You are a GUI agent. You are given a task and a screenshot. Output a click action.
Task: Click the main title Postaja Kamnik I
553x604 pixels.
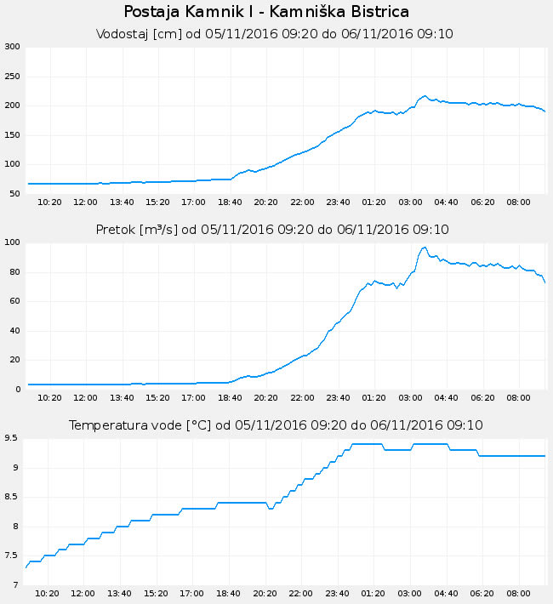pyautogui.click(x=266, y=12)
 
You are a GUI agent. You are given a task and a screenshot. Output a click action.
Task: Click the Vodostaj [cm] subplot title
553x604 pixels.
pyautogui.click(x=275, y=34)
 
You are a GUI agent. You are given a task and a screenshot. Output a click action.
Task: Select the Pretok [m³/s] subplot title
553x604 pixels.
pyautogui.click(x=272, y=230)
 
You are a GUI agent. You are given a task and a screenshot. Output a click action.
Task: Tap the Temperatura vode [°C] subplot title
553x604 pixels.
pyautogui.click(x=276, y=425)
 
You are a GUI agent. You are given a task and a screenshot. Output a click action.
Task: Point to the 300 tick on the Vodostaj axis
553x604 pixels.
pyautogui.click(x=12, y=47)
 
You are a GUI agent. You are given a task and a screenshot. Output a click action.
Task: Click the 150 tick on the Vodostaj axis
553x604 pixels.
pyautogui.click(x=12, y=135)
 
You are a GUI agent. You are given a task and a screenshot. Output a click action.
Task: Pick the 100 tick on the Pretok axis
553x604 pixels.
pyautogui.click(x=12, y=242)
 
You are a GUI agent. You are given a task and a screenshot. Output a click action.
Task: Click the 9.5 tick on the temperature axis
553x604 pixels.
pyautogui.click(x=12, y=438)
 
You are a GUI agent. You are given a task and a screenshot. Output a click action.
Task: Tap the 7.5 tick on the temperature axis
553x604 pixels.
pyautogui.click(x=12, y=556)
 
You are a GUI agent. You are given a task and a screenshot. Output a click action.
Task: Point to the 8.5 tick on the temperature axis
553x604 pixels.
pyautogui.click(x=12, y=497)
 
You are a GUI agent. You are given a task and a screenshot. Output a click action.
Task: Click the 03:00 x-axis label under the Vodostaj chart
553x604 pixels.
pyautogui.click(x=410, y=202)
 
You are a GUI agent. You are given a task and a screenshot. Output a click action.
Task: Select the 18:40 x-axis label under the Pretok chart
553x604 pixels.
pyautogui.click(x=230, y=397)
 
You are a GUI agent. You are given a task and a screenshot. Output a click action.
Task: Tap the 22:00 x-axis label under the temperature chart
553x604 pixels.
pyautogui.click(x=302, y=593)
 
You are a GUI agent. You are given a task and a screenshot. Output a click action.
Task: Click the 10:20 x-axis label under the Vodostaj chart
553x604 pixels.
pyautogui.click(x=50, y=202)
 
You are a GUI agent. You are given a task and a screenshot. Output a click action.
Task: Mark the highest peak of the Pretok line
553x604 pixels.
pyautogui.click(x=424, y=248)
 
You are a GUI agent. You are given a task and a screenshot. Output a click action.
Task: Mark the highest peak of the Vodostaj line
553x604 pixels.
pyautogui.click(x=425, y=96)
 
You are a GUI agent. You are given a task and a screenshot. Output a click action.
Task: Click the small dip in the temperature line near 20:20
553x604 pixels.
pyautogui.click(x=271, y=509)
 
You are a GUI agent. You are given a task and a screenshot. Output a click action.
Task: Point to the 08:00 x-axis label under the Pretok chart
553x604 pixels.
pyautogui.click(x=518, y=397)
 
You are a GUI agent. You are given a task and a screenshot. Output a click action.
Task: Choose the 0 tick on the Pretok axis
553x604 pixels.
pyautogui.click(x=17, y=390)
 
